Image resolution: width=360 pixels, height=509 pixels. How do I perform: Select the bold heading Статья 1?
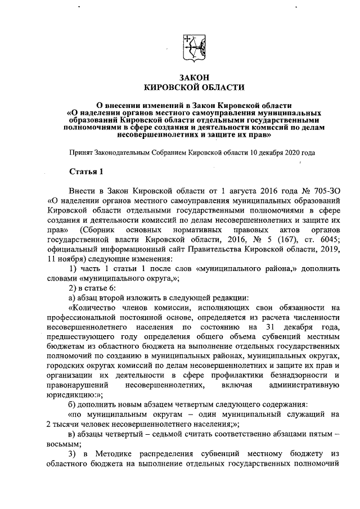tap(84, 170)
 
